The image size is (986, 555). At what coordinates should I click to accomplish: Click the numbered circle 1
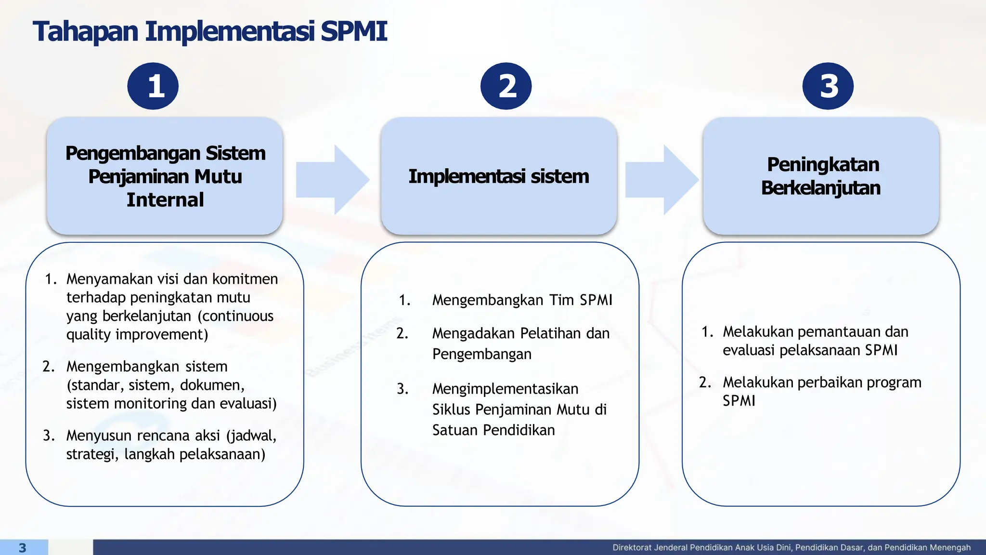[153, 86]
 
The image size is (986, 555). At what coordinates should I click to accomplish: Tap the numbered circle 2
[506, 86]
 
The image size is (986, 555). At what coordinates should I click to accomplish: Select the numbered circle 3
[828, 86]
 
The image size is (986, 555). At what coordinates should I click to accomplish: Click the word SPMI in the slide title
[354, 32]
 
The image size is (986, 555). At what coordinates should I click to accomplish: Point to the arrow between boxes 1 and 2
[332, 179]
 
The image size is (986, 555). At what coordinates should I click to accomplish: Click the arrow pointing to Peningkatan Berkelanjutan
[662, 179]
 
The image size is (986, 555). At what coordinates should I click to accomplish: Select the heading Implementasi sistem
[499, 176]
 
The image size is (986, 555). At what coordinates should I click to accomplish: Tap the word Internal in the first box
[165, 200]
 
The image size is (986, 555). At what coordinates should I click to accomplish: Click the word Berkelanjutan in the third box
[821, 188]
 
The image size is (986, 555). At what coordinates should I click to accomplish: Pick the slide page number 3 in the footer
[22, 548]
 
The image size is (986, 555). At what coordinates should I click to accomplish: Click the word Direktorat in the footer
[631, 548]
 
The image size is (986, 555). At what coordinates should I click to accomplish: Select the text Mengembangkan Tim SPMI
[522, 300]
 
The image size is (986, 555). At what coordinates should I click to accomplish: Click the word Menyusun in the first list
[98, 436]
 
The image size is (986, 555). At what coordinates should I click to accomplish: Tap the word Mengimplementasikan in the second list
[505, 389]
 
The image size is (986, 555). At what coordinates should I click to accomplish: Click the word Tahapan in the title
[86, 32]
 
